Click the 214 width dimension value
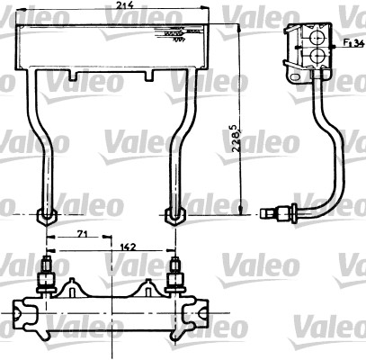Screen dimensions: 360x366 115,6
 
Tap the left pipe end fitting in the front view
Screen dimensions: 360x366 46,215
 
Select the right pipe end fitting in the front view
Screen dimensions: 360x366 174,215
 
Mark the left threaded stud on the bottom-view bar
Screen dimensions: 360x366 46,273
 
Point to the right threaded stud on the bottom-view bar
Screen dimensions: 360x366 174,273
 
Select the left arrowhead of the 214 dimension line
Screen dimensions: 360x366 21,15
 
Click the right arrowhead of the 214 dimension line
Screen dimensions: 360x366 209,15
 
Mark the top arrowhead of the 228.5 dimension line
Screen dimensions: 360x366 242,30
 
